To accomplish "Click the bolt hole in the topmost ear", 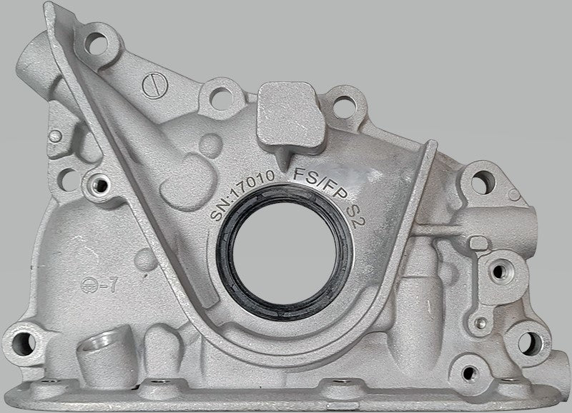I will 95,39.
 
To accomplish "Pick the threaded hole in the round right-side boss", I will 498,270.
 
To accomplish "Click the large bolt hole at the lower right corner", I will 531,341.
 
